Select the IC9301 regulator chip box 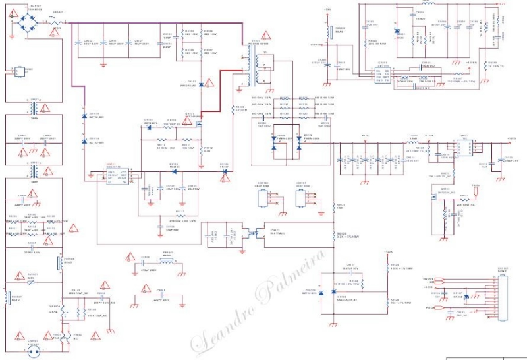tap(383, 75)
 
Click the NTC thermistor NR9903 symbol tap(60, 315)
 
